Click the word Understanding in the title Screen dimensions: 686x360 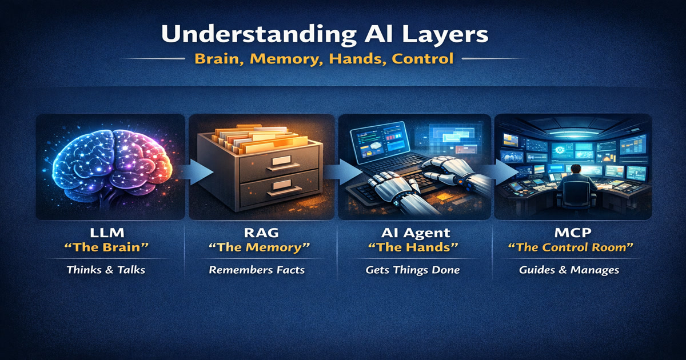click(x=259, y=34)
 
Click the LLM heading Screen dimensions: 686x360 click(x=107, y=233)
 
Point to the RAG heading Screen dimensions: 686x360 click(x=261, y=233)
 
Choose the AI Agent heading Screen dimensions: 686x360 click(x=416, y=233)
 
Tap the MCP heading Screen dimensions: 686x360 click(x=573, y=233)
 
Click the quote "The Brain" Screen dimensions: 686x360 click(x=106, y=247)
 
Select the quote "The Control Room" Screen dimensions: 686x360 click(x=571, y=247)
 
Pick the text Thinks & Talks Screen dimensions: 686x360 click(x=106, y=270)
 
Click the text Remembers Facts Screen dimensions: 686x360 click(x=257, y=270)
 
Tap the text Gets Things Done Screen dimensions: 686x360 click(x=413, y=270)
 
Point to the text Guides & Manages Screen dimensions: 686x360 click(x=569, y=270)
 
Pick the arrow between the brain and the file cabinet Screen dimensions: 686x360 click(x=196, y=172)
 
